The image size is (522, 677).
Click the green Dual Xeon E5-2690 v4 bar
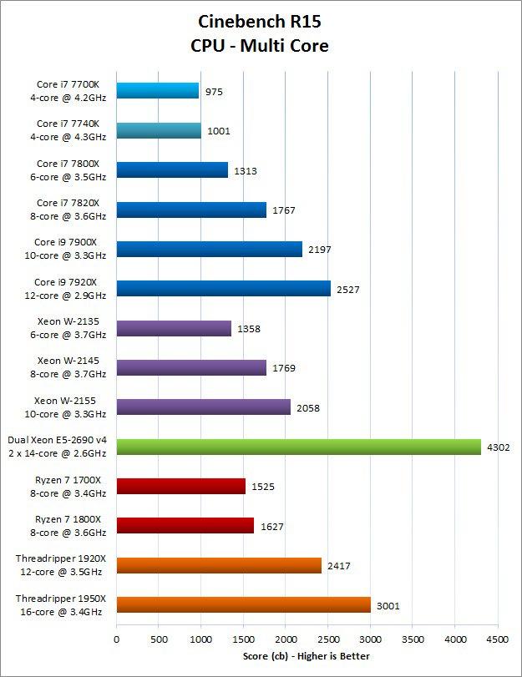(298, 447)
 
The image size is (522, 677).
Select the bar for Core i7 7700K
(158, 91)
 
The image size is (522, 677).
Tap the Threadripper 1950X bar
(243, 605)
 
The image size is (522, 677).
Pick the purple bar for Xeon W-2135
(174, 328)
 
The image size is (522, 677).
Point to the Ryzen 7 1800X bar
(185, 526)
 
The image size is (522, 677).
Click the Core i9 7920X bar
(223, 289)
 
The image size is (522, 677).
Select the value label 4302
(499, 447)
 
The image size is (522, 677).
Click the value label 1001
(219, 131)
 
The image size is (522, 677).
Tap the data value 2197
(320, 250)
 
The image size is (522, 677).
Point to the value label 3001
(388, 606)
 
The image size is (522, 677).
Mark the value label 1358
(249, 329)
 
